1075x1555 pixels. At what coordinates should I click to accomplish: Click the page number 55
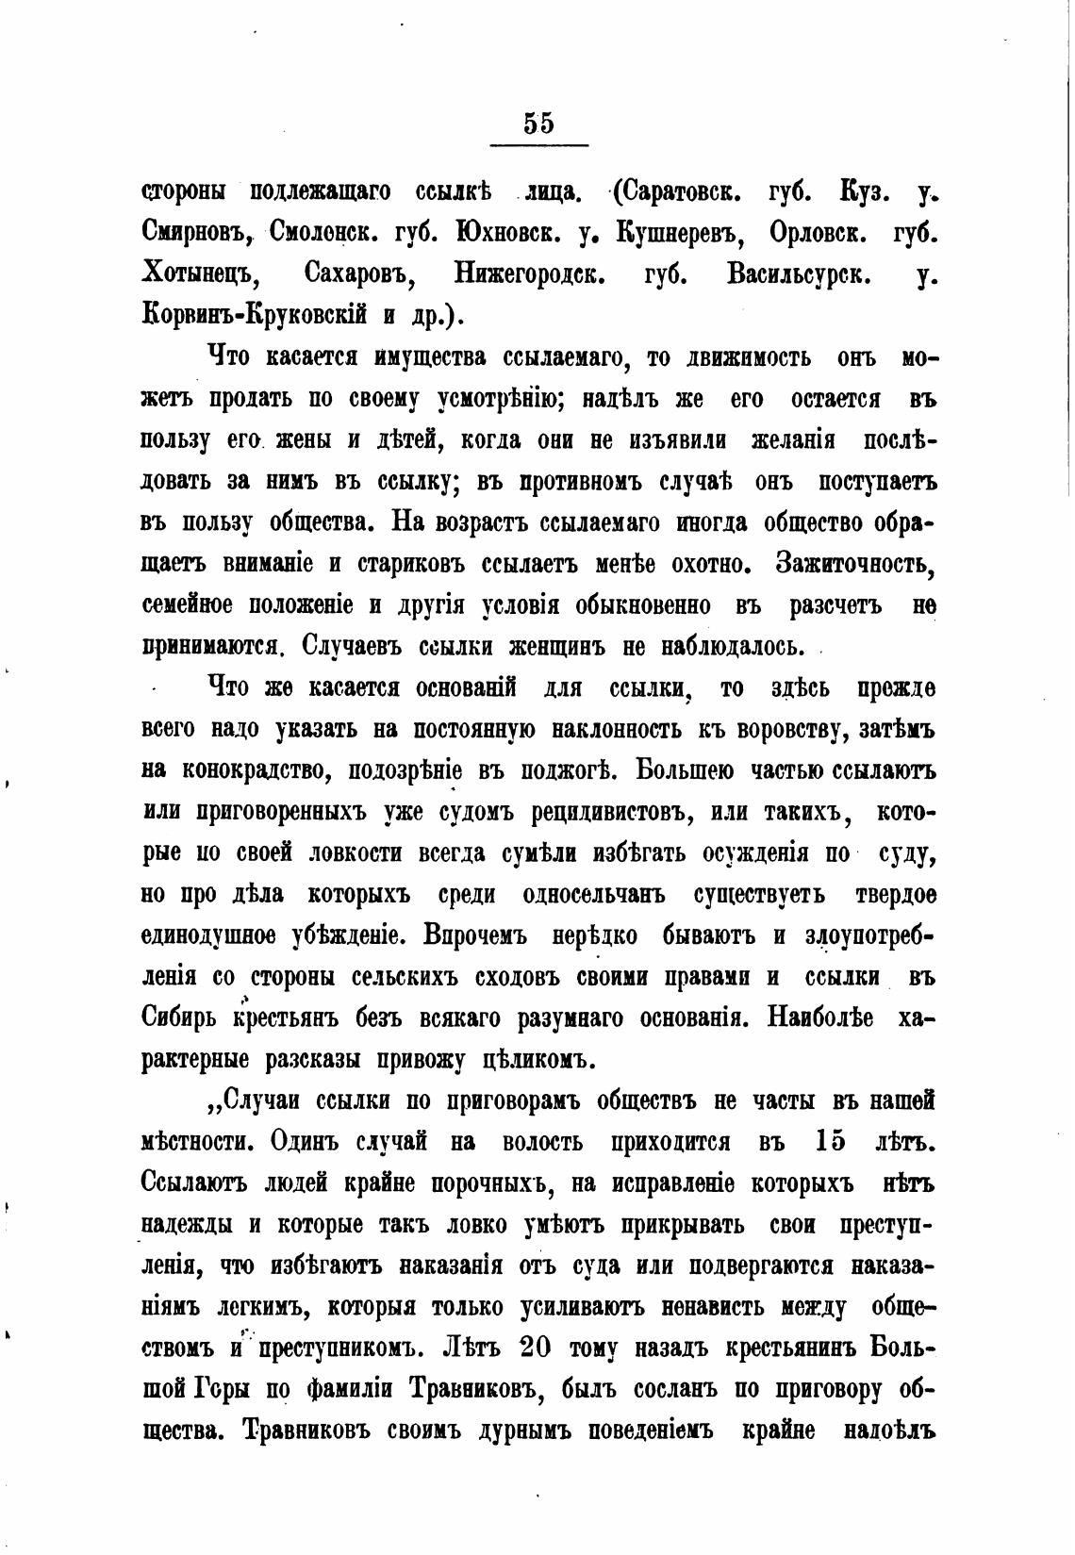pos(538,124)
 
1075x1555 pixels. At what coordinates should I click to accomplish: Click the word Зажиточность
pos(854,563)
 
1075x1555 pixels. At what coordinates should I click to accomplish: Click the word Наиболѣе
pos(820,1018)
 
